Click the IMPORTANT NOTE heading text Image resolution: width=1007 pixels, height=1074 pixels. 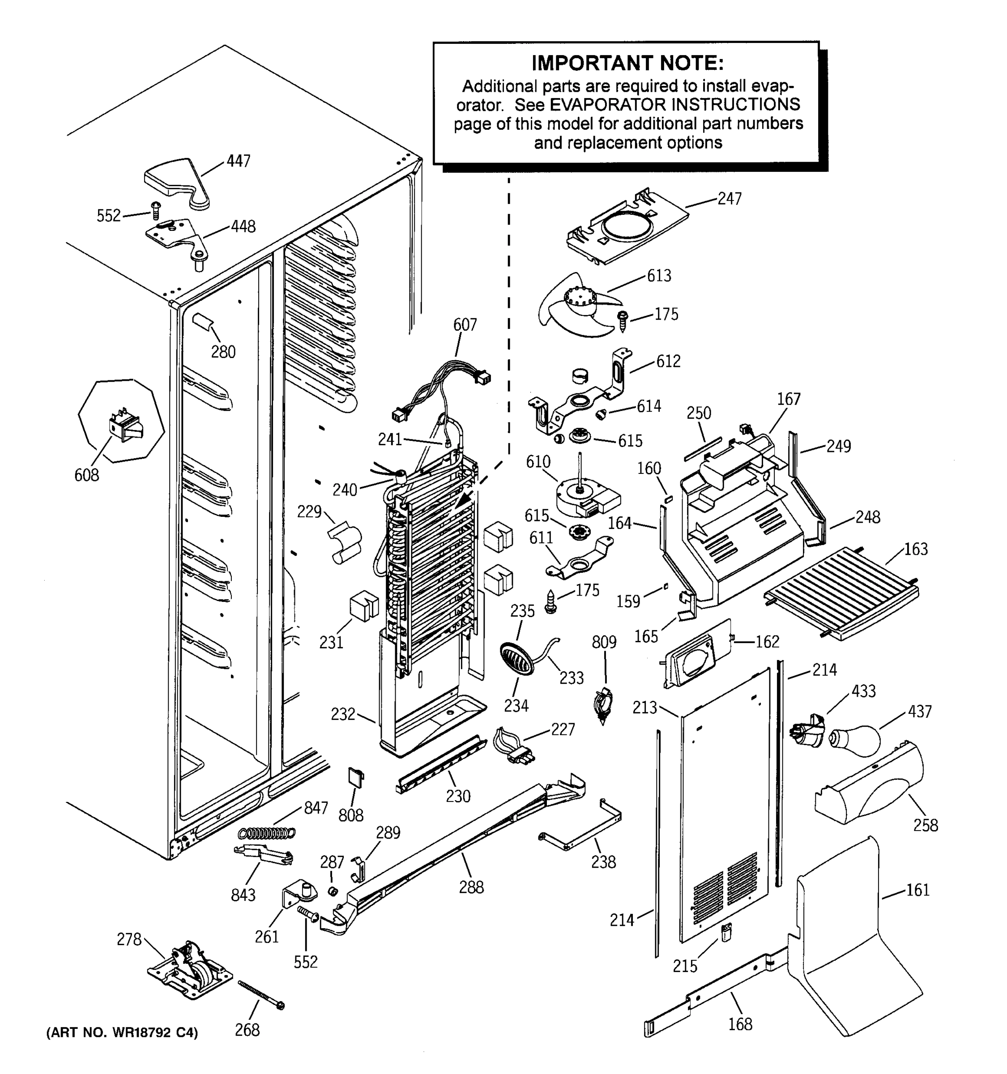(x=627, y=63)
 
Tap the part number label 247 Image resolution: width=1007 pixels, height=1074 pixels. (x=730, y=199)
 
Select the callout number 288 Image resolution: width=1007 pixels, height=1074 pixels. (x=471, y=887)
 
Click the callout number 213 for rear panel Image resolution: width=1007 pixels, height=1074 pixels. (x=644, y=707)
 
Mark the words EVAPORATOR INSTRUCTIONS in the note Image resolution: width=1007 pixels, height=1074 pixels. (x=657, y=104)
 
